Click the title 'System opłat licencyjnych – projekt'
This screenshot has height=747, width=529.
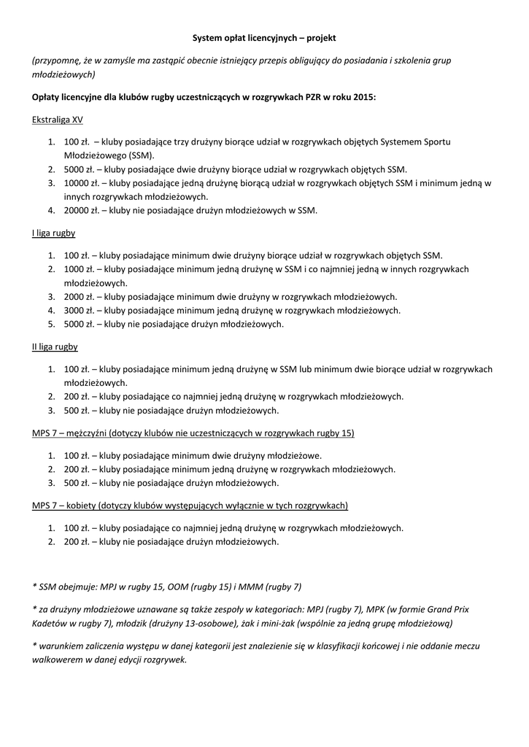[x=264, y=36]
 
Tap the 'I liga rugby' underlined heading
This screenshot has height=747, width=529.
[x=54, y=233]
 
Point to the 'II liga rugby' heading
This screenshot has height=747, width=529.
[x=55, y=347]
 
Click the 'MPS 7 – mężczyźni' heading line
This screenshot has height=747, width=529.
[x=193, y=433]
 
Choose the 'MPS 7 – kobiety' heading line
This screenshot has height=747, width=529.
[x=190, y=505]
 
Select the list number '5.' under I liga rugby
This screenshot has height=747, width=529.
[x=52, y=324]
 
